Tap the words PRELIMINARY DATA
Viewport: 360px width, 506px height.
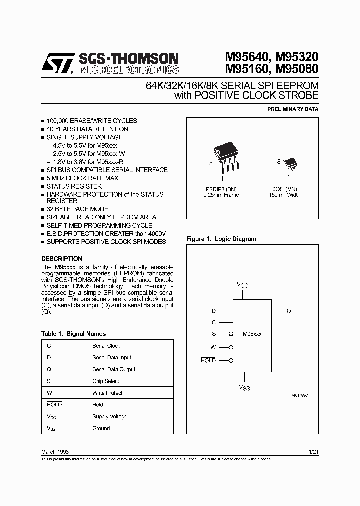[x=293, y=109]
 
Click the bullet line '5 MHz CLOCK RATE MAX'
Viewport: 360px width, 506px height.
[x=82, y=178]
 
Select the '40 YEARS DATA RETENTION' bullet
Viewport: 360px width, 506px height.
[x=87, y=129]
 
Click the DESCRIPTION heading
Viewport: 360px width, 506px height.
[x=61, y=259]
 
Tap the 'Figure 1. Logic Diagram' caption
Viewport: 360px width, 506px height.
[x=221, y=239]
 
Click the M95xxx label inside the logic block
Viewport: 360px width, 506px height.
[x=252, y=333]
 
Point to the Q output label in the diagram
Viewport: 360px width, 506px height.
[x=289, y=311]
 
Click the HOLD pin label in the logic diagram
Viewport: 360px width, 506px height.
[x=208, y=360]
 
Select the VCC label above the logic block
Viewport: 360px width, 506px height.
[x=242, y=285]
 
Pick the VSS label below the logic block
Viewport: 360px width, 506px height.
[x=244, y=388]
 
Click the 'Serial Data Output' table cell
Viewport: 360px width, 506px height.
[x=114, y=369]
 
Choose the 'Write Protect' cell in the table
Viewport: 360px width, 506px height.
[x=107, y=393]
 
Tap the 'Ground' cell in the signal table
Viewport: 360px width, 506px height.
[x=101, y=428]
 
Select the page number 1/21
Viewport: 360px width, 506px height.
[x=314, y=451]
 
